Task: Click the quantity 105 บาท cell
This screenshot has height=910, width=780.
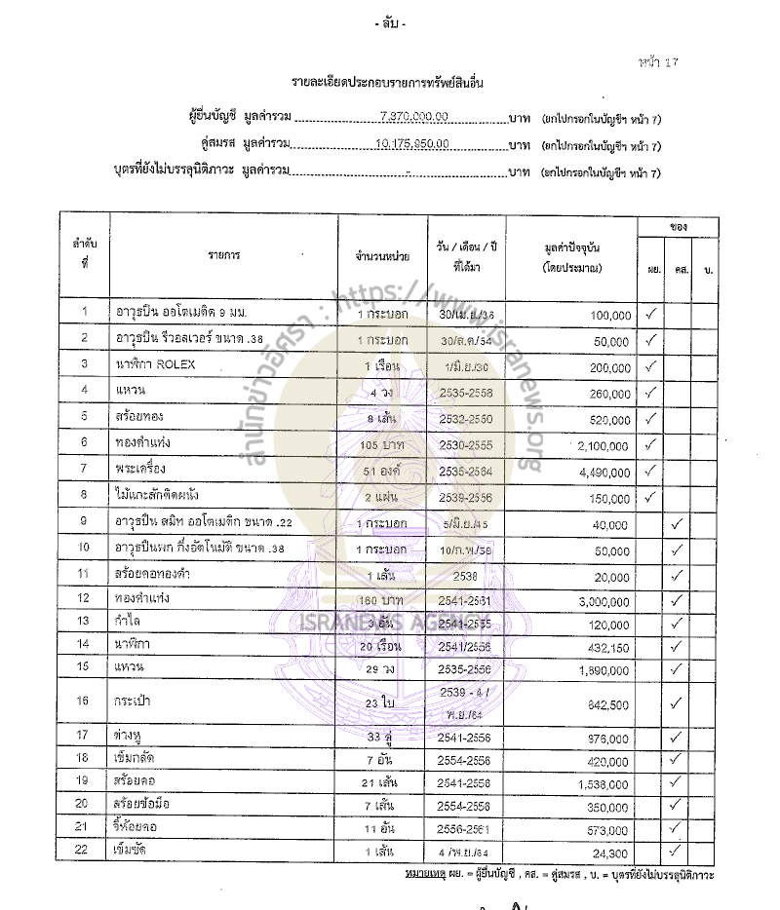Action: [x=382, y=444]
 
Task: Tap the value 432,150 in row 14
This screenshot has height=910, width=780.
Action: [x=605, y=647]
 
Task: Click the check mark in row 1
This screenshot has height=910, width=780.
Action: [x=651, y=313]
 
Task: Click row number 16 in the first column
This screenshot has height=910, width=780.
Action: [x=85, y=701]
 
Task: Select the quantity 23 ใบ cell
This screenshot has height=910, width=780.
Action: [x=381, y=701]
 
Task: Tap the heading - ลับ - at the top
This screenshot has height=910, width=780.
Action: [x=390, y=22]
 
